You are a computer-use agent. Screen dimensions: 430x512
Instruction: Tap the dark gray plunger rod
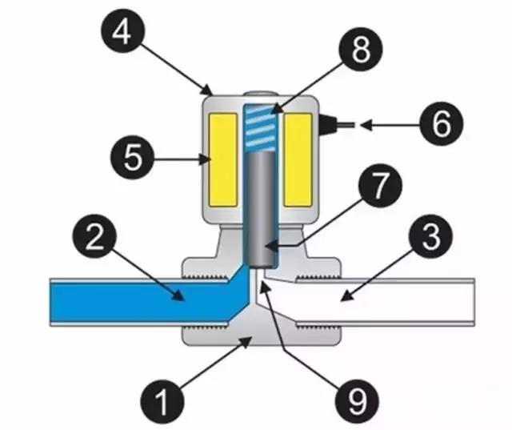point(258,208)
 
